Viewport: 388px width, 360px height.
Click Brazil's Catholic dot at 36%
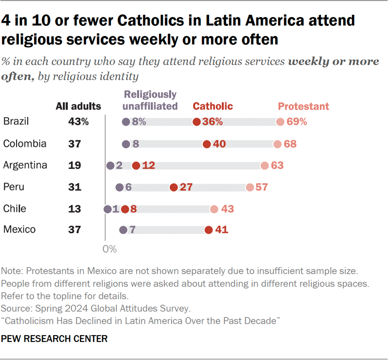[x=196, y=122]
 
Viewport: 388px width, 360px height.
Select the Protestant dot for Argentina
[x=264, y=165]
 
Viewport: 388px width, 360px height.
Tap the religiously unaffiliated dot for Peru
[x=120, y=187]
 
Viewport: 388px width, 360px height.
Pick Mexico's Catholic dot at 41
[x=208, y=230]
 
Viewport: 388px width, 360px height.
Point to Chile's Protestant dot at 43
[x=214, y=209]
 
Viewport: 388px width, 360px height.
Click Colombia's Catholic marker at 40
[x=206, y=144]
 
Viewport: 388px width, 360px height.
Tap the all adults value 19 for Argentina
[x=75, y=165]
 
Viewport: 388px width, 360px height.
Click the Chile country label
[x=14, y=209]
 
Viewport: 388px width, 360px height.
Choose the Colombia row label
[x=24, y=144]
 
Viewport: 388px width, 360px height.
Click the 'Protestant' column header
[x=303, y=106]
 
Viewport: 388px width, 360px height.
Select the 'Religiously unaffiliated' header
[x=151, y=100]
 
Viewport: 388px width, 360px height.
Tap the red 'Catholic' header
[x=212, y=106]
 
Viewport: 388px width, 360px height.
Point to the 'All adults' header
[x=78, y=106]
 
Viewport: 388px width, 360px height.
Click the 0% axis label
[x=109, y=249]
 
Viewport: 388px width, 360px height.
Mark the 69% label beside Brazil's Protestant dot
[x=298, y=122]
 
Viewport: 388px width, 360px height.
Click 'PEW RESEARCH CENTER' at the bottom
[x=55, y=339]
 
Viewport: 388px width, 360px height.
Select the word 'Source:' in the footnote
[x=17, y=307]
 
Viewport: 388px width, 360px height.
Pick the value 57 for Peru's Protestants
[x=262, y=187]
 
